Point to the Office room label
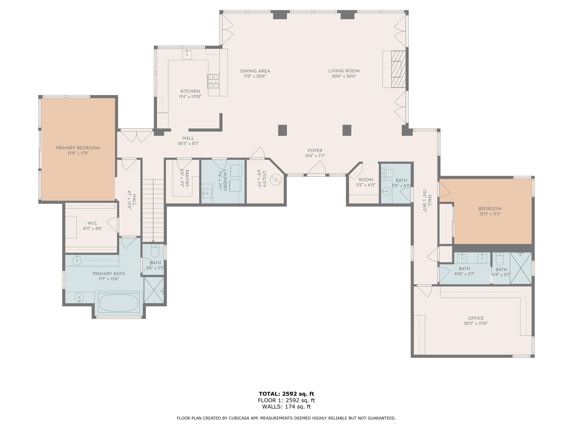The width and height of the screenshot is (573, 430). click(x=476, y=318)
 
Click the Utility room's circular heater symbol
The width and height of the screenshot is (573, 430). click(x=276, y=180)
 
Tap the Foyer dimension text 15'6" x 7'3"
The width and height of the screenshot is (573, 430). click(x=315, y=156)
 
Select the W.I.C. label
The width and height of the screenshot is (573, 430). click(x=92, y=223)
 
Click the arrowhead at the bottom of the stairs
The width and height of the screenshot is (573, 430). click(x=153, y=241)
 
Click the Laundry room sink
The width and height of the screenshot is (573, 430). click(x=207, y=193)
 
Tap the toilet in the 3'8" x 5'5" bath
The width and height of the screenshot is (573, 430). click(x=155, y=251)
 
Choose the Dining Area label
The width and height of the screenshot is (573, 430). click(x=255, y=71)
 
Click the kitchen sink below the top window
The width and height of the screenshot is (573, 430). click(x=187, y=54)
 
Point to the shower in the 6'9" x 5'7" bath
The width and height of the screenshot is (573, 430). click(x=521, y=268)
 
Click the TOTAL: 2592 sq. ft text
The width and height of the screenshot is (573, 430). click(x=286, y=394)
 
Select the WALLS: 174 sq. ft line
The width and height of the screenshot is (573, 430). click(x=286, y=407)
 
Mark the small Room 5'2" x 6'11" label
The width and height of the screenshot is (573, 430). click(x=366, y=180)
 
